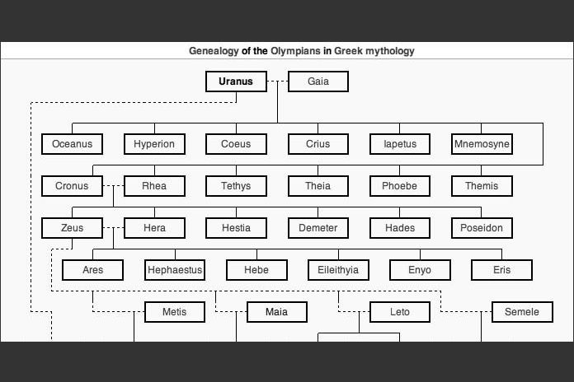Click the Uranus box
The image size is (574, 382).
pyautogui.click(x=236, y=82)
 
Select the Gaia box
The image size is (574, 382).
pyautogui.click(x=318, y=82)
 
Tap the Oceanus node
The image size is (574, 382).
pyautogui.click(x=73, y=144)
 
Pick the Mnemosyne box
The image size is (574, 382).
pyautogui.click(x=482, y=144)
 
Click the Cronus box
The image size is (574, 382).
pyautogui.click(x=72, y=186)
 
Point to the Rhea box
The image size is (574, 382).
pyautogui.click(x=154, y=186)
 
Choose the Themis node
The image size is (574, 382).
pyautogui.click(x=482, y=186)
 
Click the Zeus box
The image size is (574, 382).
pyautogui.click(x=72, y=228)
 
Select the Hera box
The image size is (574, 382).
pyautogui.click(x=154, y=228)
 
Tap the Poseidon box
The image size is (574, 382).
pyautogui.click(x=482, y=228)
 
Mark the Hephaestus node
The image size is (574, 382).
pyautogui.click(x=175, y=270)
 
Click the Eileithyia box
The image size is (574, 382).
pyautogui.click(x=338, y=270)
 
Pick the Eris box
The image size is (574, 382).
pyautogui.click(x=501, y=270)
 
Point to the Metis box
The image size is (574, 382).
pyautogui.click(x=174, y=312)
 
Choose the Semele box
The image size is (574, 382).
pyautogui.click(x=522, y=312)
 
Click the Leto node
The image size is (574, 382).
pyautogui.click(x=399, y=312)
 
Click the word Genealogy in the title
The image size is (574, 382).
pyautogui.click(x=214, y=51)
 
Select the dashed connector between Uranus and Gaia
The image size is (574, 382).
pyautogui.click(x=277, y=82)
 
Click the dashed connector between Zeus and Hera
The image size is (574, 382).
pyautogui.click(x=114, y=228)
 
